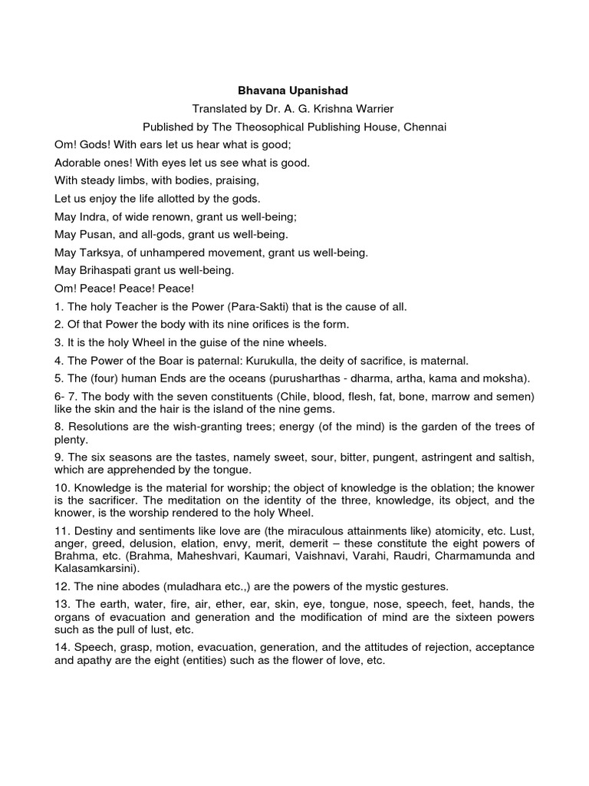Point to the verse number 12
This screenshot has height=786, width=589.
tap(61, 586)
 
